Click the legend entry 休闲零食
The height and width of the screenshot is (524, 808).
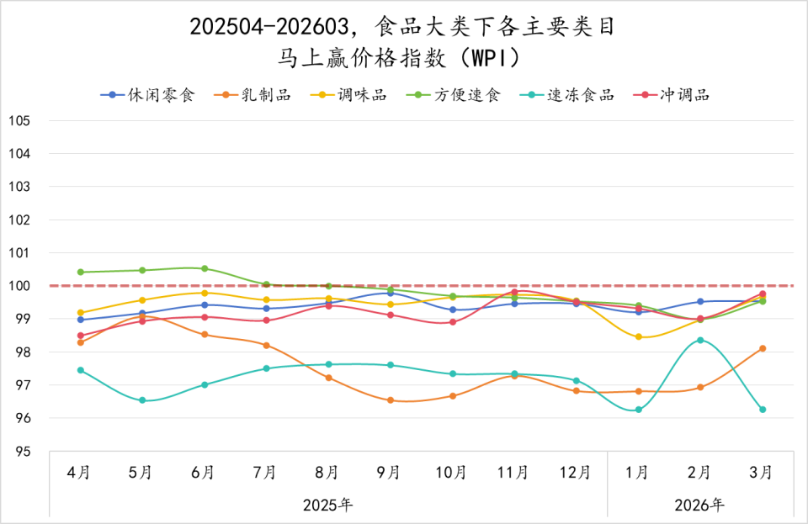tap(160, 94)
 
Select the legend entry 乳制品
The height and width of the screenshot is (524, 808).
tap(263, 94)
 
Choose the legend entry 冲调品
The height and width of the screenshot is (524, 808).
tap(684, 94)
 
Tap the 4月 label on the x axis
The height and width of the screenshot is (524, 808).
tap(80, 473)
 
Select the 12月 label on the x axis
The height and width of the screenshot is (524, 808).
tap(576, 473)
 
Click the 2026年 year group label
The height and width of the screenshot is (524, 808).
tap(699, 505)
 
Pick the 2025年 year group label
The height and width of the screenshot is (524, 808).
tap(327, 505)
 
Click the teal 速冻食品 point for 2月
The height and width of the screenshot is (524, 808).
tap(699, 341)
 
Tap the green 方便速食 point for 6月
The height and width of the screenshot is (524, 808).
tap(205, 268)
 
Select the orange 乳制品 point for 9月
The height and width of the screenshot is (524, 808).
tap(391, 400)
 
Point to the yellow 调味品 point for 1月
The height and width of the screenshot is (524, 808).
tap(638, 337)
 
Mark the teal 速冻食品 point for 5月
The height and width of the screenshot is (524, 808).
tap(142, 400)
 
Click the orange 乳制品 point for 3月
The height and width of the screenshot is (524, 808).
tap(762, 348)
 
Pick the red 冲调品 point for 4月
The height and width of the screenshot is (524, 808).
tap(80, 336)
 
